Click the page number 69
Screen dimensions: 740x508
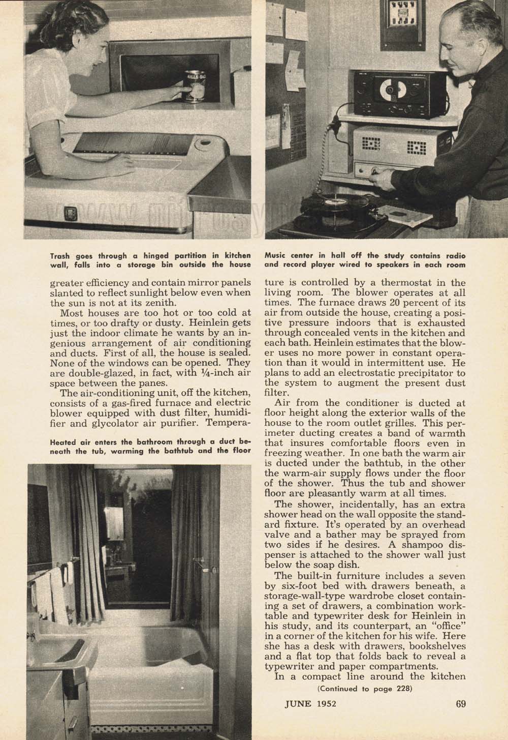(x=461, y=704)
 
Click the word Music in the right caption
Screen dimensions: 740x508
(x=277, y=255)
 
